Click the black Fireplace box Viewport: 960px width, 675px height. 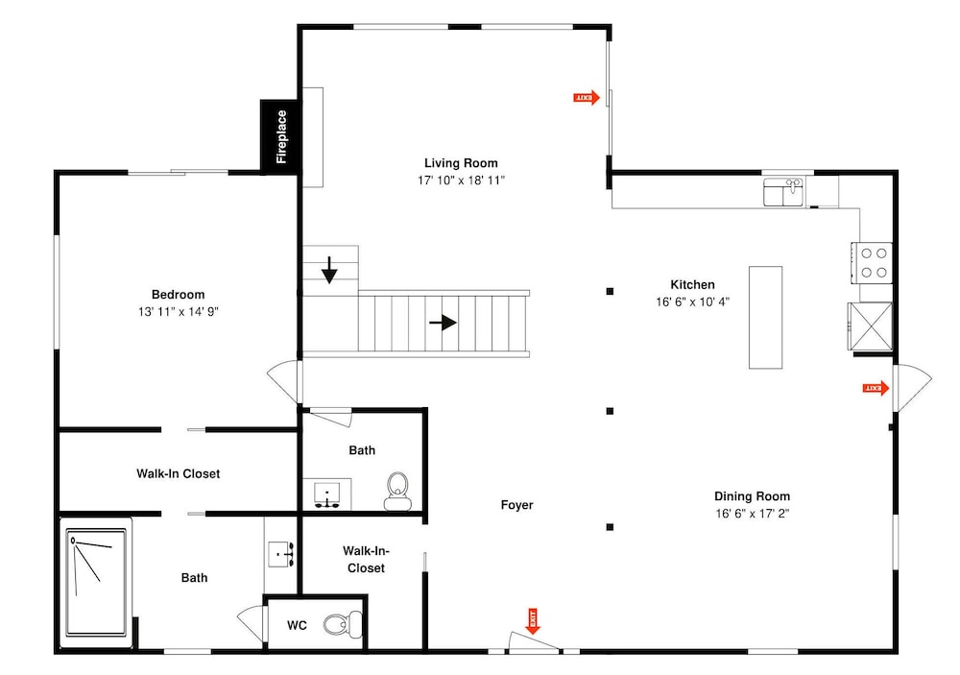click(x=279, y=136)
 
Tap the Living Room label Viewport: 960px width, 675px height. click(x=461, y=163)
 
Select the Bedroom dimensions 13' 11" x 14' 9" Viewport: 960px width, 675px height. click(x=179, y=312)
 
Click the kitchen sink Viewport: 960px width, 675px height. click(x=783, y=192)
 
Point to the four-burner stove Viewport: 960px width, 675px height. click(x=872, y=263)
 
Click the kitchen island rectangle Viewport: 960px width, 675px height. click(x=765, y=317)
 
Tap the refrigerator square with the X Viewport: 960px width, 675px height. click(x=870, y=326)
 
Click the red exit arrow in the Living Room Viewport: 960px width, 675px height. click(x=587, y=97)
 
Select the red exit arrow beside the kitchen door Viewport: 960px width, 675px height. click(x=876, y=388)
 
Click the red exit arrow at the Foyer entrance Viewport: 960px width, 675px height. click(x=532, y=621)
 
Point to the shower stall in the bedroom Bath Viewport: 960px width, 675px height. click(x=96, y=583)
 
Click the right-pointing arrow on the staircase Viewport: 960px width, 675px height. click(x=443, y=323)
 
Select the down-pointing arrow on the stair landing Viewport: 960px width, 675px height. click(x=329, y=270)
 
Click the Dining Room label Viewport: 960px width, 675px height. click(x=752, y=496)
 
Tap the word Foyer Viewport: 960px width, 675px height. click(x=516, y=505)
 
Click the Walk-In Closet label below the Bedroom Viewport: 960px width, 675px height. click(x=179, y=473)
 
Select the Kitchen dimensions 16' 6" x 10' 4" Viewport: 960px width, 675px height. click(x=692, y=301)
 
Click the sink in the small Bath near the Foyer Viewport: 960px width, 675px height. click(x=327, y=494)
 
